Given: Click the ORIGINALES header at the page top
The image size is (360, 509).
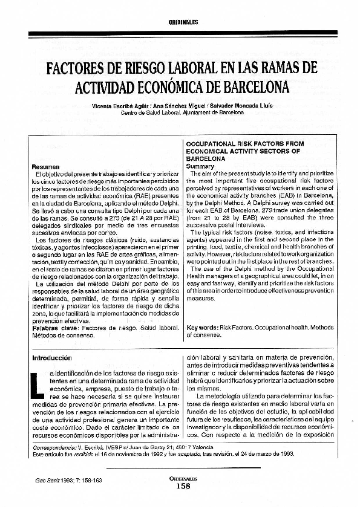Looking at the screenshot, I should click(x=180, y=22).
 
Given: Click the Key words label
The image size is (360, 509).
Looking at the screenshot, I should click(x=203, y=327).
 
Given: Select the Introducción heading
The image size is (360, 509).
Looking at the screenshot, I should click(x=51, y=358).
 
